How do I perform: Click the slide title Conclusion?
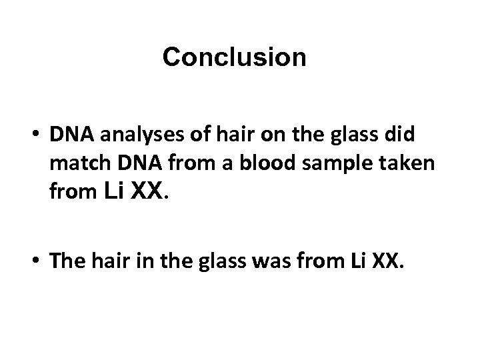pyautogui.click(x=234, y=58)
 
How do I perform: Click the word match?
pyautogui.click(x=72, y=166)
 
